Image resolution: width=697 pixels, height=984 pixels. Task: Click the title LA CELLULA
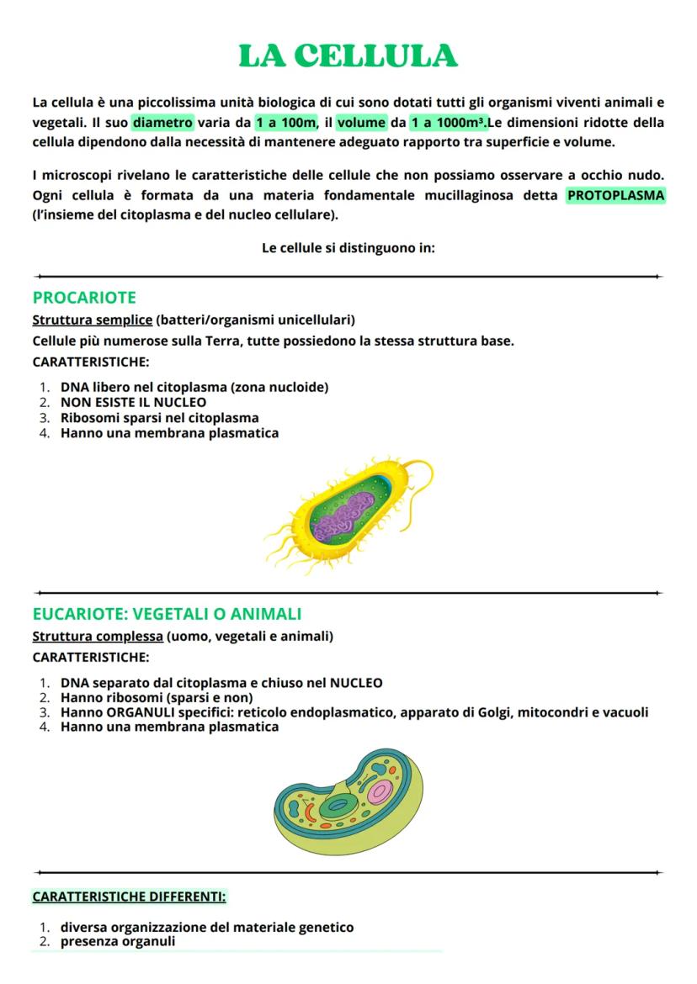pyautogui.click(x=348, y=56)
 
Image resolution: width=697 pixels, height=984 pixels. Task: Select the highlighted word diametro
pyautogui.click(x=163, y=123)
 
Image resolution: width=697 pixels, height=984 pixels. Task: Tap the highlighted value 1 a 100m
pyautogui.click(x=286, y=123)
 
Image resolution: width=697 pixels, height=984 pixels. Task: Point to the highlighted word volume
pyautogui.click(x=361, y=123)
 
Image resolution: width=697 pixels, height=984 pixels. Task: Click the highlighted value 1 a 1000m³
pyautogui.click(x=449, y=123)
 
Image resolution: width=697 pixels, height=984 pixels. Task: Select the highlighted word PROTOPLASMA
pyautogui.click(x=615, y=196)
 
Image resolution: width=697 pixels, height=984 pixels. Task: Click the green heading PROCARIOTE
pyautogui.click(x=84, y=298)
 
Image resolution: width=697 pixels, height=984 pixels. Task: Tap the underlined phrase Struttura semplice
pyautogui.click(x=92, y=320)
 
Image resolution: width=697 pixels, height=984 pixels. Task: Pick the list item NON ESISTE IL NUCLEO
pyautogui.click(x=133, y=402)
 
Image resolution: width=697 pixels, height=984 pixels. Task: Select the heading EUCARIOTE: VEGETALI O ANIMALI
pyautogui.click(x=167, y=614)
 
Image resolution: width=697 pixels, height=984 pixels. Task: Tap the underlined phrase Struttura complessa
pyautogui.click(x=98, y=636)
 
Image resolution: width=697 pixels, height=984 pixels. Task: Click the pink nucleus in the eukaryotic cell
pyautogui.click(x=380, y=791)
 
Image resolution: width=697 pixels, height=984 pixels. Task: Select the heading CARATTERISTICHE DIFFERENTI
pyautogui.click(x=129, y=897)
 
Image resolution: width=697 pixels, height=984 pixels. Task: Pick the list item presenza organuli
pyautogui.click(x=118, y=941)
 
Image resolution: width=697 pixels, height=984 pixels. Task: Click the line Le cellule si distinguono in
pyautogui.click(x=348, y=248)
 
